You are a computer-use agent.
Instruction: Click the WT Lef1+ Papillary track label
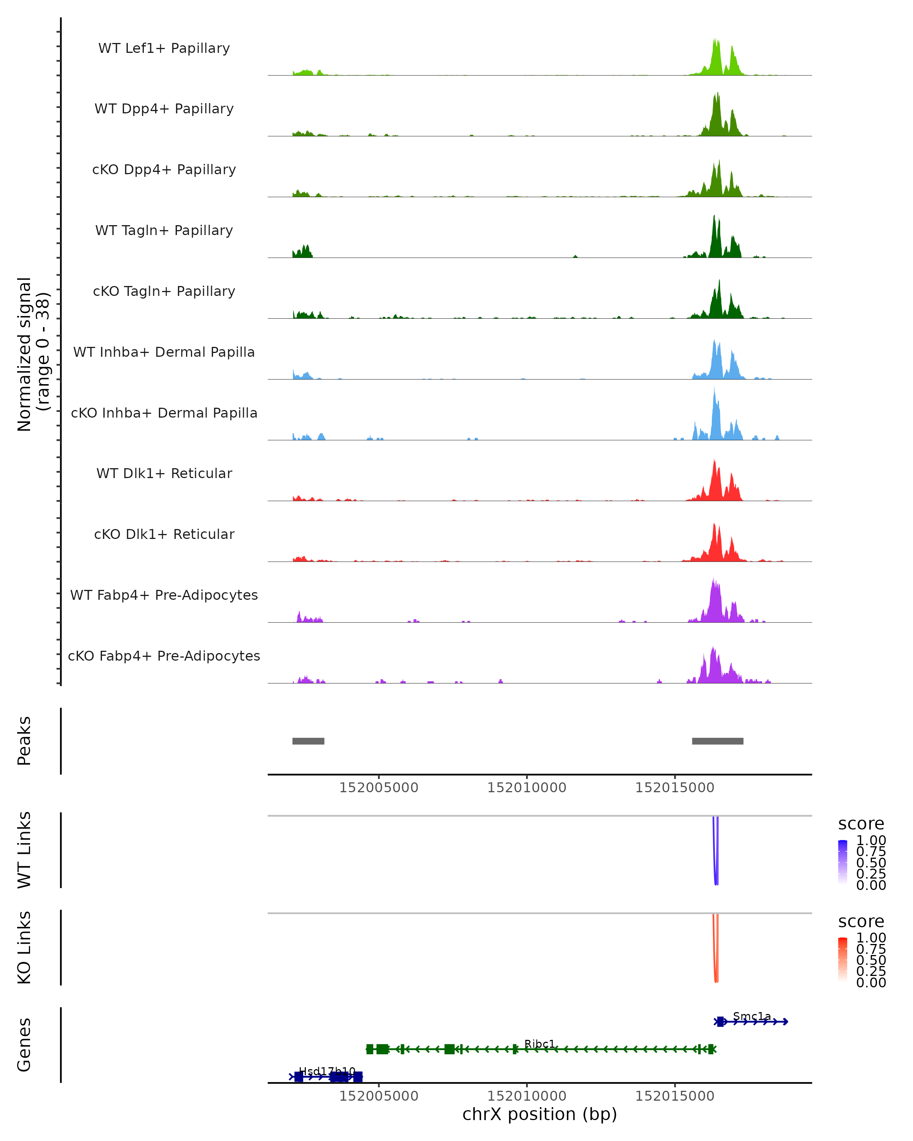(164, 48)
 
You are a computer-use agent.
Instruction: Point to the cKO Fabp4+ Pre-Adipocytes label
(164, 656)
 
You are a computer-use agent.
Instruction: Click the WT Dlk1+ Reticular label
(164, 473)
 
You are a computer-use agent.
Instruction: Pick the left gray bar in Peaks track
(308, 741)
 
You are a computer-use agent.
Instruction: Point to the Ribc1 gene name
(539, 1044)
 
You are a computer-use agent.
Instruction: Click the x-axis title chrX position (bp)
(539, 1114)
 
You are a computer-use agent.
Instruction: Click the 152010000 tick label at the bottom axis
(526, 1095)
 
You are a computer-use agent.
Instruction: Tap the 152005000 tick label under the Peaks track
(379, 788)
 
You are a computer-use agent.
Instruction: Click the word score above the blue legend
(861, 823)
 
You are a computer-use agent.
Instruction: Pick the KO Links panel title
(24, 947)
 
